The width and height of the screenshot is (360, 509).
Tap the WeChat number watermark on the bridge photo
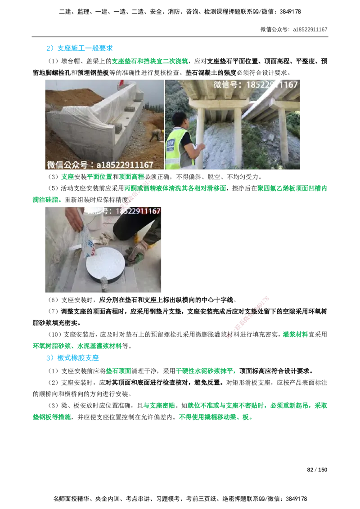[255, 85]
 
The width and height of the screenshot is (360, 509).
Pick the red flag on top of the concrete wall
[121, 83]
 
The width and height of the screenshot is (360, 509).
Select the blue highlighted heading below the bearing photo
[72, 358]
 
